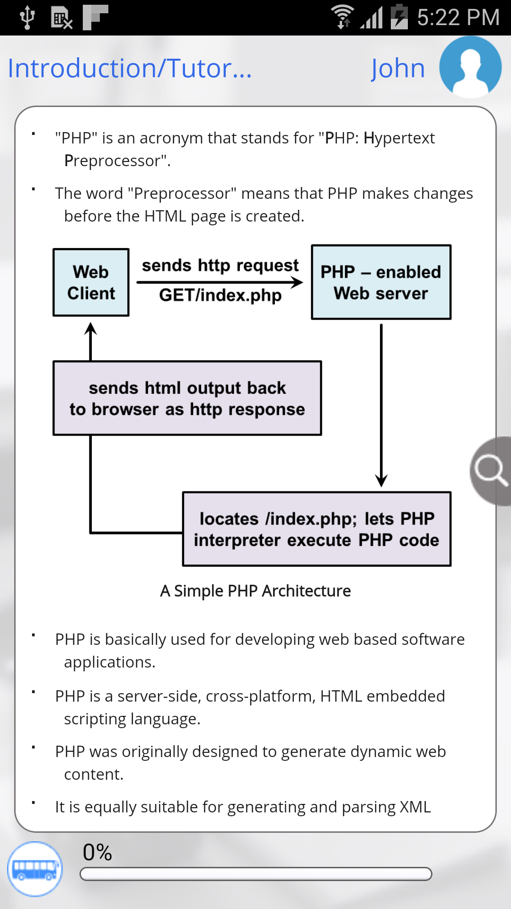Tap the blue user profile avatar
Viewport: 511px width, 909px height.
pyautogui.click(x=470, y=67)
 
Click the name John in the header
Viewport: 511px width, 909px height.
pyautogui.click(x=398, y=68)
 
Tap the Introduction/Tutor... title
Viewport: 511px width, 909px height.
pyautogui.click(x=130, y=68)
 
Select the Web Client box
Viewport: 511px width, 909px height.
pyautogui.click(x=91, y=282)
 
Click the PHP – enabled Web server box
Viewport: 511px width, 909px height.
pyautogui.click(x=381, y=282)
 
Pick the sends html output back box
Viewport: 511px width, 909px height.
pyautogui.click(x=187, y=398)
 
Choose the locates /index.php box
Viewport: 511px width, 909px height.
pyautogui.click(x=317, y=529)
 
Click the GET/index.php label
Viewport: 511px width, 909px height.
pyautogui.click(x=220, y=295)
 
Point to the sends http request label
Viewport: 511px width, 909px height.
pyautogui.click(x=220, y=265)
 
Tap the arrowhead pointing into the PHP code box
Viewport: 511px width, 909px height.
pyautogui.click(x=381, y=481)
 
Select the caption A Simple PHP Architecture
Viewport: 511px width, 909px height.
pyautogui.click(x=255, y=591)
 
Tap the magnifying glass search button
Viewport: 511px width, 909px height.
pyautogui.click(x=491, y=471)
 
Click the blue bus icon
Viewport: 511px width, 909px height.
pyautogui.click(x=35, y=869)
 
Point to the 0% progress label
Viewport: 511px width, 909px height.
pyautogui.click(x=97, y=852)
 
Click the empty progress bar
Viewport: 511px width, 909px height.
pyautogui.click(x=255, y=874)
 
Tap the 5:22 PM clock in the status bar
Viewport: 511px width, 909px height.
pyautogui.click(x=458, y=18)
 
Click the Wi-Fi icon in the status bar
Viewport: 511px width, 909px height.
pyautogui.click(x=342, y=17)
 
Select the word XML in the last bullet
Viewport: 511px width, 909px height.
pyautogui.click(x=415, y=807)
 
